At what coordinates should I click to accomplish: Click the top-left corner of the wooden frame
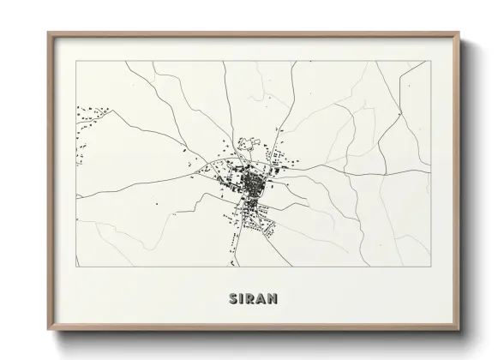(x=48, y=33)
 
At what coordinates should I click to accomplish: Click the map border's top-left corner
(x=77, y=62)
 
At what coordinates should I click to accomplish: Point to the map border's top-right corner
(x=431, y=62)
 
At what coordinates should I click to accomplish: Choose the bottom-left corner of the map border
(x=77, y=267)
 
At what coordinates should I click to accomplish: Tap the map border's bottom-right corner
(x=431, y=267)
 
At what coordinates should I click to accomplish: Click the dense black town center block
(x=251, y=183)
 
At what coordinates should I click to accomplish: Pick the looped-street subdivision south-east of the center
(x=267, y=225)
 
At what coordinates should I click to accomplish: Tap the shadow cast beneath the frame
(x=257, y=335)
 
